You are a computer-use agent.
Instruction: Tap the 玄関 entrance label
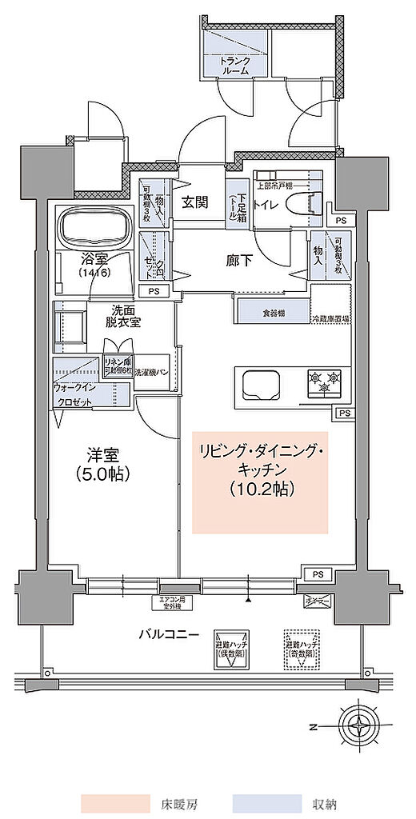tap(195, 202)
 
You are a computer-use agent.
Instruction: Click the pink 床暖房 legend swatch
tap(114, 801)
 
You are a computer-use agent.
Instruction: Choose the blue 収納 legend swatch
tap(266, 801)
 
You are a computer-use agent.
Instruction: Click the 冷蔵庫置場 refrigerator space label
tap(330, 318)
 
